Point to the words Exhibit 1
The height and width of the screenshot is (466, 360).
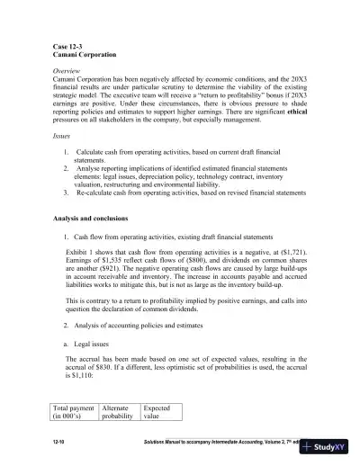click(84, 255)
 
